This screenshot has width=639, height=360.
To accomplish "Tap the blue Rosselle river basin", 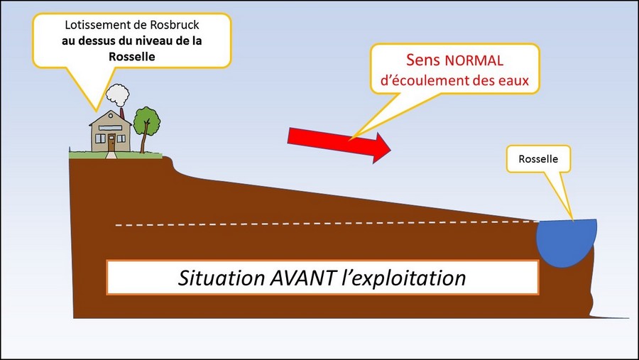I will point(564,241).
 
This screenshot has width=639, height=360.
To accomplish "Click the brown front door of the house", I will point(111,140).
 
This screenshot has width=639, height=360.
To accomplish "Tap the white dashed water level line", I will point(319,225).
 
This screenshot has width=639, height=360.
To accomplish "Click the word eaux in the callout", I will point(513,80).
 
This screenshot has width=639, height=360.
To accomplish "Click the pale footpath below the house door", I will point(111,153).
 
